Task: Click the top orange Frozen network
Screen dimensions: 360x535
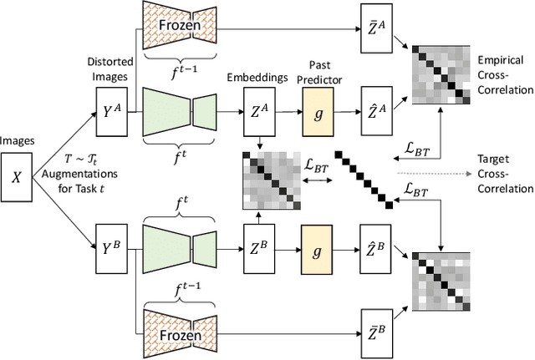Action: (180, 26)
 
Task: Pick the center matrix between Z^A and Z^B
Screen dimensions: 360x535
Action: (270, 178)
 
